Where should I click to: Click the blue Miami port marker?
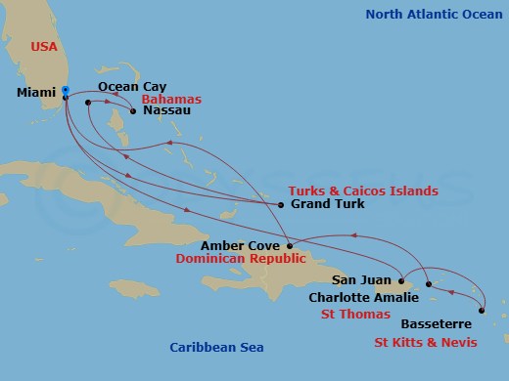click(65, 91)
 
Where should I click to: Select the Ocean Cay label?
click(132, 87)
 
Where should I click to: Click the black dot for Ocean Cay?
click(88, 102)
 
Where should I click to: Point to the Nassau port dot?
click(133, 110)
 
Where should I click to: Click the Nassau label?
click(166, 110)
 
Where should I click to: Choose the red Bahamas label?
click(171, 100)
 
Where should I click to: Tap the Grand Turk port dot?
click(281, 205)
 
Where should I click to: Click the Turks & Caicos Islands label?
click(363, 190)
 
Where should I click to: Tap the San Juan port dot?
click(401, 279)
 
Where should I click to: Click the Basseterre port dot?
click(482, 312)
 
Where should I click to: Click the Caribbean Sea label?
click(216, 347)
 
